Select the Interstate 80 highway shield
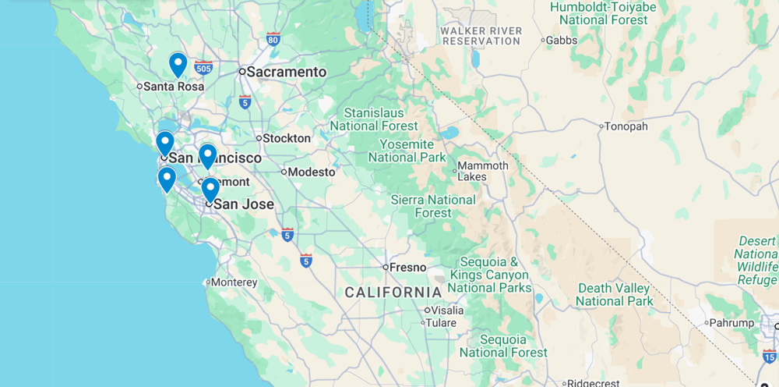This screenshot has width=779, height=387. tap(273, 38)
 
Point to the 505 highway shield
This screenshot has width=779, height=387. tap(203, 68)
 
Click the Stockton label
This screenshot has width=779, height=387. tap(287, 138)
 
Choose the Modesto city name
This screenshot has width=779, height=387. tap(312, 172)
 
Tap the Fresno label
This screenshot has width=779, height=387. tap(407, 267)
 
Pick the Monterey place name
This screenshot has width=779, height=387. tap(234, 282)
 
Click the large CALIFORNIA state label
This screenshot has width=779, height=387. tap(393, 292)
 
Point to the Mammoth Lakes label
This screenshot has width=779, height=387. tap(482, 171)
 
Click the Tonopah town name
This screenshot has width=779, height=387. tap(627, 126)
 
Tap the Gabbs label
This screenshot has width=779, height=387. tap(561, 40)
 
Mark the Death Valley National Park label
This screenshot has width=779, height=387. tap(615, 294)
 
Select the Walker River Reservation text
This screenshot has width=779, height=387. tap(481, 36)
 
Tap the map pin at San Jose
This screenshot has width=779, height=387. tap(210, 190)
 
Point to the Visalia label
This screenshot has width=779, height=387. tap(446, 310)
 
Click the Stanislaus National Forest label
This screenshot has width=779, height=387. tap(374, 119)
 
